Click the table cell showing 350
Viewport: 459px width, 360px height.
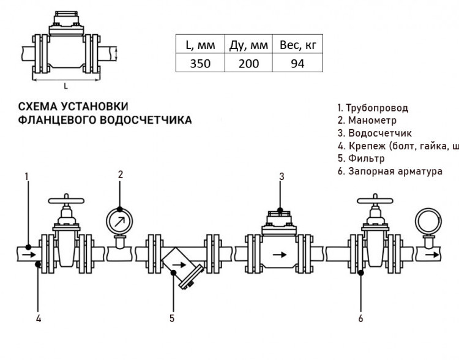[200, 63]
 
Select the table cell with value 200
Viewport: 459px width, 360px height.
[248, 63]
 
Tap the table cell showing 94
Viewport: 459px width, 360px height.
[297, 63]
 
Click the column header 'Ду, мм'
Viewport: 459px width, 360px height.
[248, 45]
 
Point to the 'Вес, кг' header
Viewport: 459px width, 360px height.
[297, 45]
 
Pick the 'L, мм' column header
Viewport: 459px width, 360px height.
[200, 45]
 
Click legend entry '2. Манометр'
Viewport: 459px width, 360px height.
[367, 120]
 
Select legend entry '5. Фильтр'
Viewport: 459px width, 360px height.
[361, 158]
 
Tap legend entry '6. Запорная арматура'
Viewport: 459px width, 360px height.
[390, 171]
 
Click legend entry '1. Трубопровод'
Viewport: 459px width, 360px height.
[373, 108]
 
